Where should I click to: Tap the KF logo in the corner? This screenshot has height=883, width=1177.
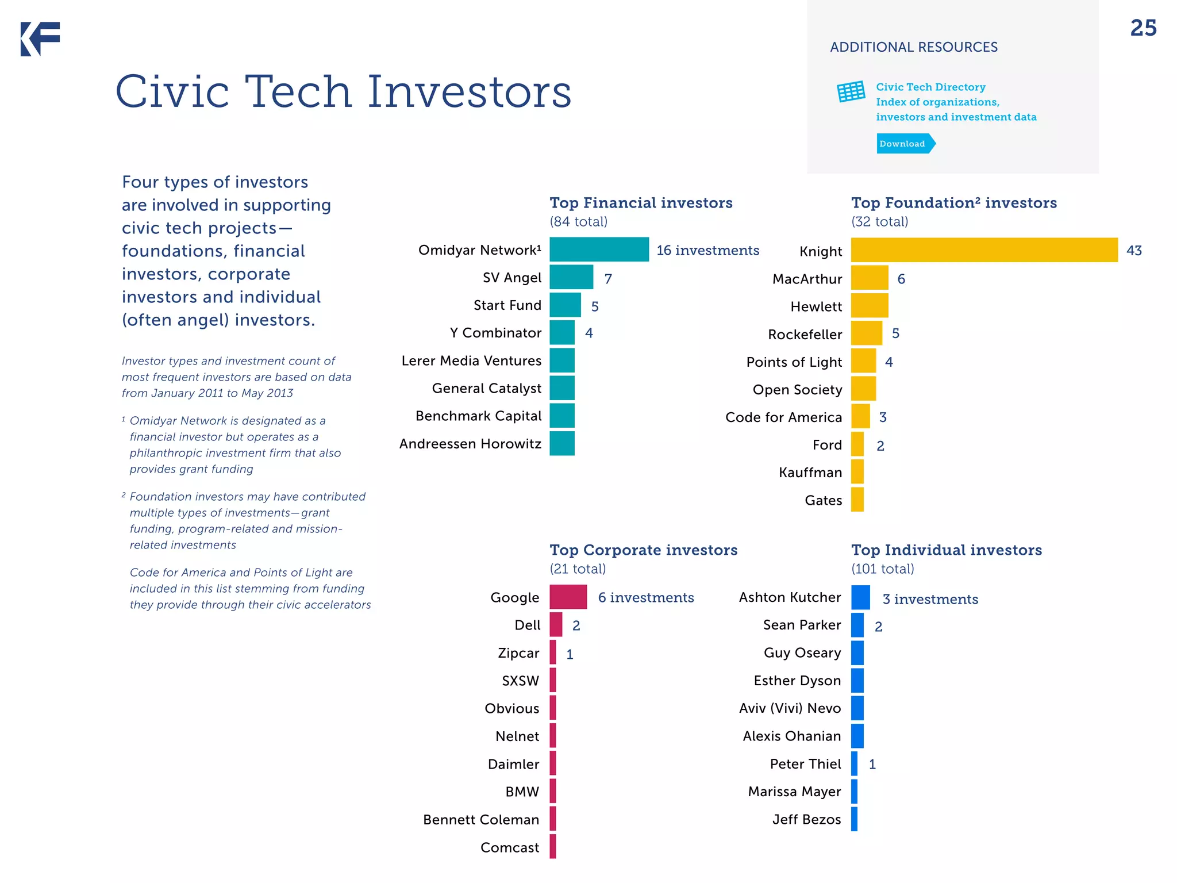point(40,39)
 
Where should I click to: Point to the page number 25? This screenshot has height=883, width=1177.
point(1143,28)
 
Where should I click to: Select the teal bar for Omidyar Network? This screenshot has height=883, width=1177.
point(599,249)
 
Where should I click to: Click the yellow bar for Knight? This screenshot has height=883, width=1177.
point(984,250)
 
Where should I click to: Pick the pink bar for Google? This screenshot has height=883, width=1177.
point(568,597)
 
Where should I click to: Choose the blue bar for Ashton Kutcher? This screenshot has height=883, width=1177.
point(860,597)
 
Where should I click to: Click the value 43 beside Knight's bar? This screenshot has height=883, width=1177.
point(1134,251)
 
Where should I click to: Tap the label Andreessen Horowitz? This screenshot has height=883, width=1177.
point(470,444)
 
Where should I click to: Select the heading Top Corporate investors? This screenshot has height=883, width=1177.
point(643,550)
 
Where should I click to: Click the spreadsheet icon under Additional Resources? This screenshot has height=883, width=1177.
point(851,91)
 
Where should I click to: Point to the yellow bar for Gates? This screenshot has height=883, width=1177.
point(857,500)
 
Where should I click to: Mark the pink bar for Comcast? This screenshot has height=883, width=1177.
point(553,847)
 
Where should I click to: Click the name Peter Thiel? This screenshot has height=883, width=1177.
point(805,764)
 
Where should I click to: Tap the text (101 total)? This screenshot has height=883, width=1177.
point(882,569)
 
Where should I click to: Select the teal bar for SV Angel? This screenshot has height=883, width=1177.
point(571,277)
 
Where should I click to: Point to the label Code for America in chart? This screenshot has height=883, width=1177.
point(783,417)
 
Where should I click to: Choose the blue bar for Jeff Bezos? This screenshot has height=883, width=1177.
point(854,819)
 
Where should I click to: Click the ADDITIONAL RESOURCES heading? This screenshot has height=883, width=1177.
point(914,47)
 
